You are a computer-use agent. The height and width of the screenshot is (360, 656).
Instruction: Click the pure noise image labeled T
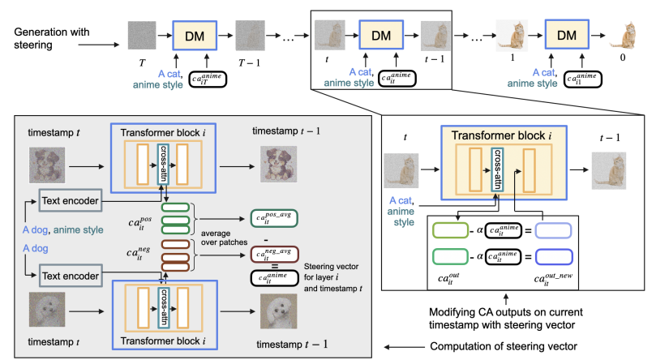[x=142, y=35]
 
